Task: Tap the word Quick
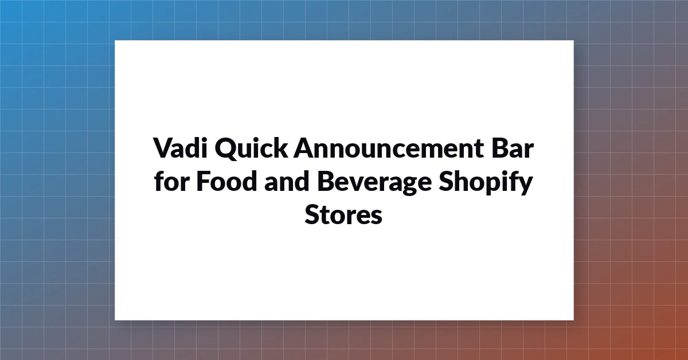[x=251, y=148]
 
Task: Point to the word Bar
[x=513, y=148]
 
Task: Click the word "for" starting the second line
[x=171, y=181]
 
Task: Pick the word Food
[x=226, y=181]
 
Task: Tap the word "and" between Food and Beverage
[x=286, y=181]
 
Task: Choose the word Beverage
[x=374, y=183]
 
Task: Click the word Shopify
[x=486, y=182]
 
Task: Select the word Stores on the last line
[x=343, y=214]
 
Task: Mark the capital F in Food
[x=203, y=181]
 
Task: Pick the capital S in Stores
[x=312, y=214]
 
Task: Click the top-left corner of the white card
[x=115, y=40]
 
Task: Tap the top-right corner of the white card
[x=573, y=40]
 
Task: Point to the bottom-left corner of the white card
[x=115, y=320]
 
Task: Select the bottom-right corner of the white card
[x=573, y=320]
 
